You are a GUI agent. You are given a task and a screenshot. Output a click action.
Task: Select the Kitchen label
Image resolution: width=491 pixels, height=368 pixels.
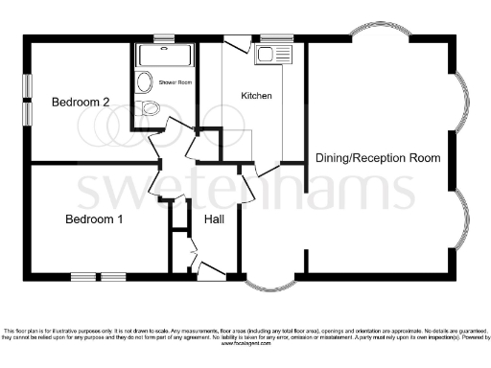[x=256, y=96]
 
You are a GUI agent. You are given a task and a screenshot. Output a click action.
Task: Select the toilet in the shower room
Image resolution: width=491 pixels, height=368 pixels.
[x=148, y=108]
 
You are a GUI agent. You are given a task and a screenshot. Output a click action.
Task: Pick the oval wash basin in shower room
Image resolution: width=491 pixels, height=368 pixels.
[x=144, y=81]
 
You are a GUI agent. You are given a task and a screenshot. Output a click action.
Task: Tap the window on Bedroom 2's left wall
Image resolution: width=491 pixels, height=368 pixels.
[x=26, y=99]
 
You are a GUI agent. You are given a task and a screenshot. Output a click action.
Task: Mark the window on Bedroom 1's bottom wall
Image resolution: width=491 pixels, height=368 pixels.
[x=99, y=277]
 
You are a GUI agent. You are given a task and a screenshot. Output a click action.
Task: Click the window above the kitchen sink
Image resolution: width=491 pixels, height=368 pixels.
[x=274, y=39]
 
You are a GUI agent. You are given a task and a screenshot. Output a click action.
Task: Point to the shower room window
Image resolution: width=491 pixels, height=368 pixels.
[x=164, y=39]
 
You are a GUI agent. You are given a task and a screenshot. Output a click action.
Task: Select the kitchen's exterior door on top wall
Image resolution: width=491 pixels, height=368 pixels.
[x=236, y=42]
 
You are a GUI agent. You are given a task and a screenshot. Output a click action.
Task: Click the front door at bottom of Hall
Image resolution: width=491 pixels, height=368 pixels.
[x=211, y=275]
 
